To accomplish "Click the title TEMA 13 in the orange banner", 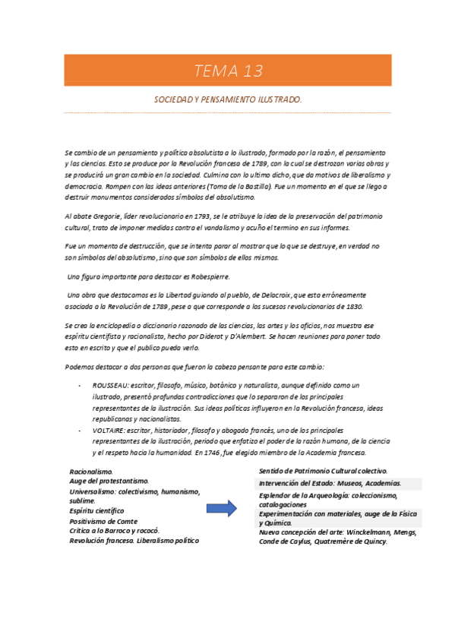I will pyautogui.click(x=228, y=71).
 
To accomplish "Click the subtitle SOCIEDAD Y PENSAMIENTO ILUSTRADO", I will pyautogui.click(x=228, y=99).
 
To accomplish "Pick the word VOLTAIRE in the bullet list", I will pyautogui.click(x=109, y=430).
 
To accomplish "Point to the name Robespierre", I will pyautogui.click(x=207, y=276).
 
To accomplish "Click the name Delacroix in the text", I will pyautogui.click(x=282, y=295).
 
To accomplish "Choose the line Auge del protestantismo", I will pyautogui.click(x=109, y=481).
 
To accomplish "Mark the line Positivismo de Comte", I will pyautogui.click(x=104, y=521).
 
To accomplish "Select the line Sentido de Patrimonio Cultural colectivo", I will pyautogui.click(x=323, y=471).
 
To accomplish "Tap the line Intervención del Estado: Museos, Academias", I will pyautogui.click(x=329, y=483).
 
